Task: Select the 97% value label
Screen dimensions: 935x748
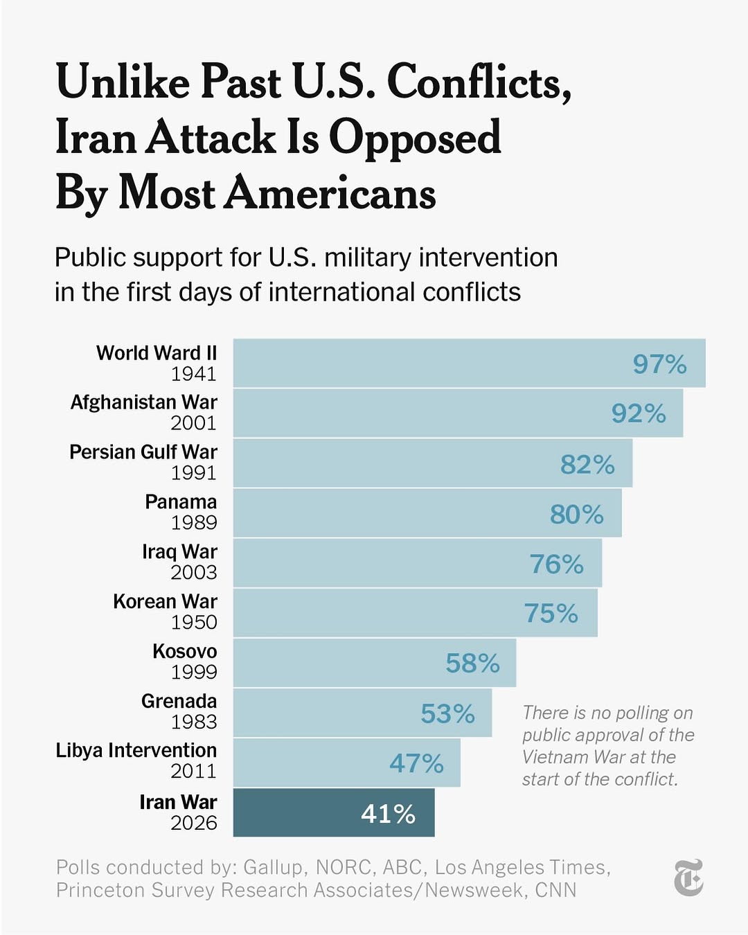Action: [x=659, y=364]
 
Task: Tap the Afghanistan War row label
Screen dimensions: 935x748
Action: [x=143, y=402]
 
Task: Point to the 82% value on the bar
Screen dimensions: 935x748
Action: [x=587, y=465]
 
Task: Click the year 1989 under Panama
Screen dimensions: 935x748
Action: [x=194, y=523]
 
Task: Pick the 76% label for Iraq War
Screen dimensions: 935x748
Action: [x=556, y=564]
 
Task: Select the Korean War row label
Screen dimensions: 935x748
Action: [x=165, y=601]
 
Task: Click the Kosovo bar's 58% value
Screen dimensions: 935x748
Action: [x=472, y=664]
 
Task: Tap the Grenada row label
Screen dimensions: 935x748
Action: [x=179, y=701]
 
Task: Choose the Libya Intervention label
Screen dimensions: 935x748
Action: [x=136, y=751]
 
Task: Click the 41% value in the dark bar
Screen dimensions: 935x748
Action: [x=388, y=814]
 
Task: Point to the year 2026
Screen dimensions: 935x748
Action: [x=194, y=823]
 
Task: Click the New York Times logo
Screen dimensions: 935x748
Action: [x=688, y=878]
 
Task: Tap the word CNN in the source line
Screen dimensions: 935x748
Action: [x=555, y=890]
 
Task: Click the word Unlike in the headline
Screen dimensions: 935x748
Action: [x=123, y=82]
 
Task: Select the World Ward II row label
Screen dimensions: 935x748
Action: [x=157, y=353]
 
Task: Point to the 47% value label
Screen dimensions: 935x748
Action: [x=416, y=763]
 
